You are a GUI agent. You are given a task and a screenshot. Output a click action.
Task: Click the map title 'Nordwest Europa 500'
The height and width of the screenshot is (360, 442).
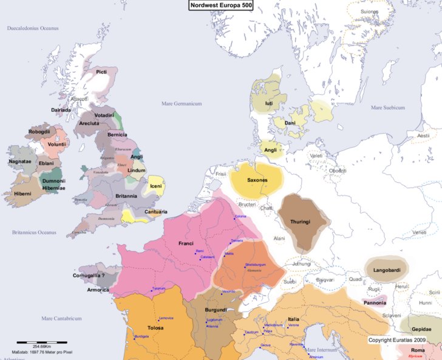(220, 5)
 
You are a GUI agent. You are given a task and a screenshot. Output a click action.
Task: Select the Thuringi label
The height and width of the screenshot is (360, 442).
(301, 222)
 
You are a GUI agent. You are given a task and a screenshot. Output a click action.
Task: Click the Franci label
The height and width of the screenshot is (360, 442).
(186, 243)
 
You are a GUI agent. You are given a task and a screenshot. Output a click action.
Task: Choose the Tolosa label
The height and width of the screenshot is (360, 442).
(155, 328)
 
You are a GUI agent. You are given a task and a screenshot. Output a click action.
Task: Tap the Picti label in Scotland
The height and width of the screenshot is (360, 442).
(102, 72)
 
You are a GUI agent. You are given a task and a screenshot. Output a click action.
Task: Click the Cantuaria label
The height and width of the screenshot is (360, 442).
(156, 212)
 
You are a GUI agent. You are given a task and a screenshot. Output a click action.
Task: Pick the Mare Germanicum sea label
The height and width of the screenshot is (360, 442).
(181, 104)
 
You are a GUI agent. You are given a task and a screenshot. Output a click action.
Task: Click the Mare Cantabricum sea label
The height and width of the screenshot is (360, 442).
(62, 318)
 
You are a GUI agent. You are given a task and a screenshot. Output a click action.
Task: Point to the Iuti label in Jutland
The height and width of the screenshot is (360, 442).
(269, 104)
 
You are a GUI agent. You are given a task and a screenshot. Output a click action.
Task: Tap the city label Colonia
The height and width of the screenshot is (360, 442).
(241, 217)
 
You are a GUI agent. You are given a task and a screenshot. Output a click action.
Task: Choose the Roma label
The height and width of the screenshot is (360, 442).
(418, 351)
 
